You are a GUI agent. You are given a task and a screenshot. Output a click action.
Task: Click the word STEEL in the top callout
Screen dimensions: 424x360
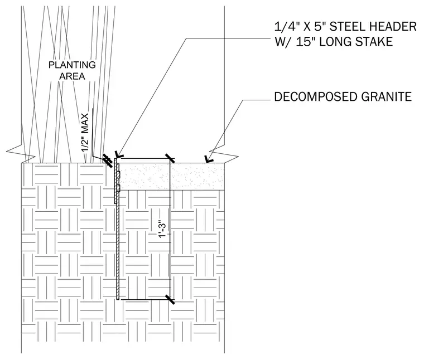346,27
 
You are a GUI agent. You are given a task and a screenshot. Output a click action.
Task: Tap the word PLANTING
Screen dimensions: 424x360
72,65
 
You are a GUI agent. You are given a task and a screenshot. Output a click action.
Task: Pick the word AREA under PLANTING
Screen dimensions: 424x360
72,76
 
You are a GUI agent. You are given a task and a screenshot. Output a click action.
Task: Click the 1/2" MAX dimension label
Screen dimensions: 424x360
85,133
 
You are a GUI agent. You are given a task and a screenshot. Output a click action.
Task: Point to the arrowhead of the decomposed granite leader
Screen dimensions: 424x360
209,159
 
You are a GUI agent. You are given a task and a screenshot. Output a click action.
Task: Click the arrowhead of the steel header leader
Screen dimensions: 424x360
118,155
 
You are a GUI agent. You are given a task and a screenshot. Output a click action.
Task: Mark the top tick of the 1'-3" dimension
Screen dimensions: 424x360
170,158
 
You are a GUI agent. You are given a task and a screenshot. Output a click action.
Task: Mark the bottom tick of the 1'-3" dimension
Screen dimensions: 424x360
170,299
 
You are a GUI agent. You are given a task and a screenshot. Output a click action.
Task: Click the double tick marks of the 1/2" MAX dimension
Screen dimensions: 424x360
108,161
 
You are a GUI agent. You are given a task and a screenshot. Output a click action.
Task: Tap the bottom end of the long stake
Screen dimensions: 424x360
118,299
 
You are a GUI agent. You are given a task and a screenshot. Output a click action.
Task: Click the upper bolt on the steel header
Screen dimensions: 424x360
118,175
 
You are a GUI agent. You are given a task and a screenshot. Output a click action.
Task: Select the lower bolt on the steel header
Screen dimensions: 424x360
118,188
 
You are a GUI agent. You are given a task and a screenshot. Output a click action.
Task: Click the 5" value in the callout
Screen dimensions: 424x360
319,27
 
